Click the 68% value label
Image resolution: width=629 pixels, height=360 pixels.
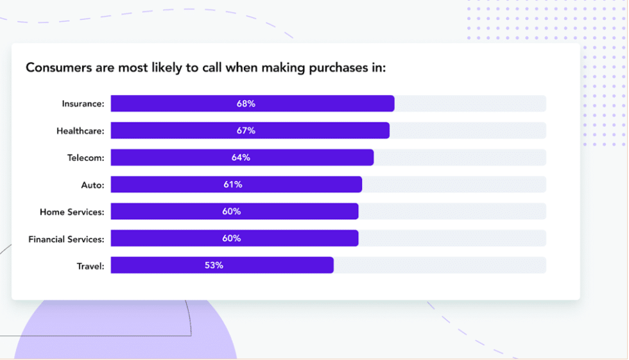point(246,104)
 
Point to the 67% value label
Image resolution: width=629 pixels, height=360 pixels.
point(246,131)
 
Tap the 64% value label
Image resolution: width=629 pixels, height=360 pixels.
point(241,158)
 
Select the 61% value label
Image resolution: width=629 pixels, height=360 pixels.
point(233,185)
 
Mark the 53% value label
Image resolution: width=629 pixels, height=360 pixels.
point(214,266)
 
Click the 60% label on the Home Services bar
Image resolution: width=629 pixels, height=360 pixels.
point(231,212)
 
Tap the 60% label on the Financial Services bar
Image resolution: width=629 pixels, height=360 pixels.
point(231,239)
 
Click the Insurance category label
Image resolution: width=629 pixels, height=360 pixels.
point(83,104)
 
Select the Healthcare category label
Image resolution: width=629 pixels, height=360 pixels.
point(80,131)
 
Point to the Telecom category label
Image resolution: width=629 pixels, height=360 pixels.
point(85,158)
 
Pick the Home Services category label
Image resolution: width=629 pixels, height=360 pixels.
point(72,212)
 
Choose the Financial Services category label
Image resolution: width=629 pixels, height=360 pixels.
point(66,239)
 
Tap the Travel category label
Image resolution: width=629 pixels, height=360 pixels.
point(90,266)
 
